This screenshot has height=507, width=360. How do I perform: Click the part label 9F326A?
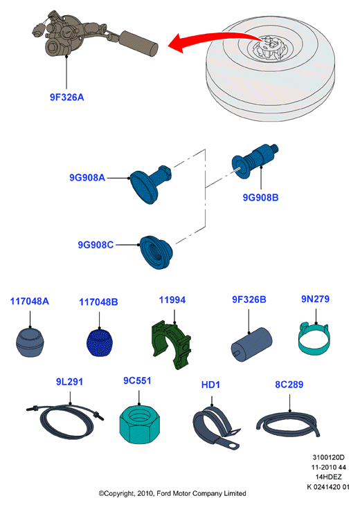click(66, 97)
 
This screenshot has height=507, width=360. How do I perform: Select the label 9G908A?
click(87, 178)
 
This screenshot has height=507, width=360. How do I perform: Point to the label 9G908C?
click(96, 245)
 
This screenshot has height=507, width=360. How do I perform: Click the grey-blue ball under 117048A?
click(29, 343)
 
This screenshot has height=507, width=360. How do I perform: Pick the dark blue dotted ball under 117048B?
click(99, 343)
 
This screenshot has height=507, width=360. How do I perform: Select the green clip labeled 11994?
click(172, 344)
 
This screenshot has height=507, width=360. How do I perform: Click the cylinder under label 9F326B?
click(251, 344)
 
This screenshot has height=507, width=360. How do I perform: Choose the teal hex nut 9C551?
click(140, 424)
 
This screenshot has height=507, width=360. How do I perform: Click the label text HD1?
click(210, 385)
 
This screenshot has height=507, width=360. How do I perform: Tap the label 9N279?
click(315, 299)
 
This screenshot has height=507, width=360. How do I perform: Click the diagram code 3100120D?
click(328, 457)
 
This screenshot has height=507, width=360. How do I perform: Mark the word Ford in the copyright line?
click(164, 493)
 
